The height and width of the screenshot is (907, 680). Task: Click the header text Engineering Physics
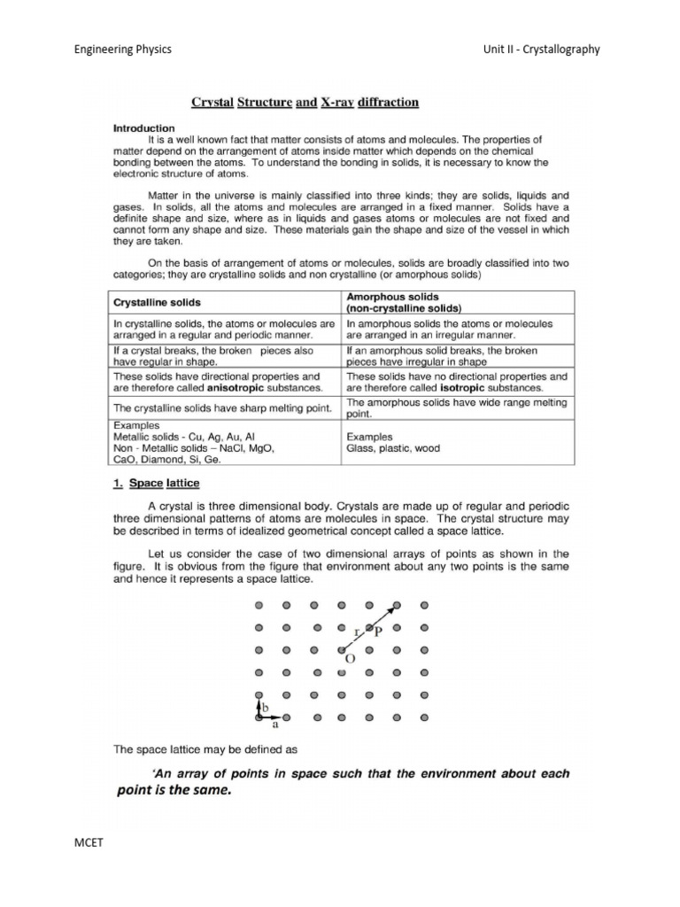pos(122,50)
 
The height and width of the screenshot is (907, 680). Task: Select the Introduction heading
pos(143,128)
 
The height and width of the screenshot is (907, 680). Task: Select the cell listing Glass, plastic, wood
pos(392,449)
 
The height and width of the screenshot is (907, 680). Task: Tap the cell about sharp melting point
pos(222,407)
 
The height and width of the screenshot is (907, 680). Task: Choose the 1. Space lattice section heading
pos(156,483)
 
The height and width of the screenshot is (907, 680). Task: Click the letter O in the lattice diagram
pos(350,660)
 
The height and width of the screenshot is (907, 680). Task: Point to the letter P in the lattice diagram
pos(378,631)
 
